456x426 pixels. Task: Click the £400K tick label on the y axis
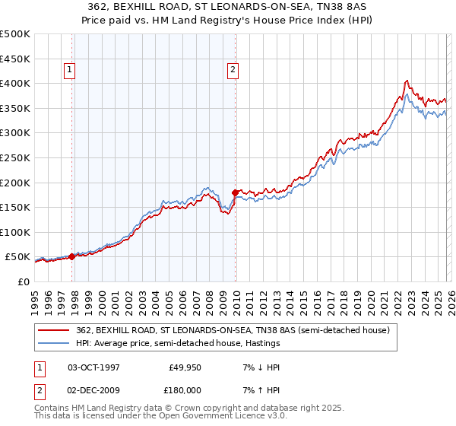coord(15,83)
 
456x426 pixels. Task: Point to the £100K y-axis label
coord(15,232)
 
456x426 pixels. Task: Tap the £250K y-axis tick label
coord(15,157)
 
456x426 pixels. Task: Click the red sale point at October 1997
coord(72,256)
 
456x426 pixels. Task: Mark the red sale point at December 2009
coord(235,192)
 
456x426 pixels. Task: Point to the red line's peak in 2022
coord(407,81)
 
